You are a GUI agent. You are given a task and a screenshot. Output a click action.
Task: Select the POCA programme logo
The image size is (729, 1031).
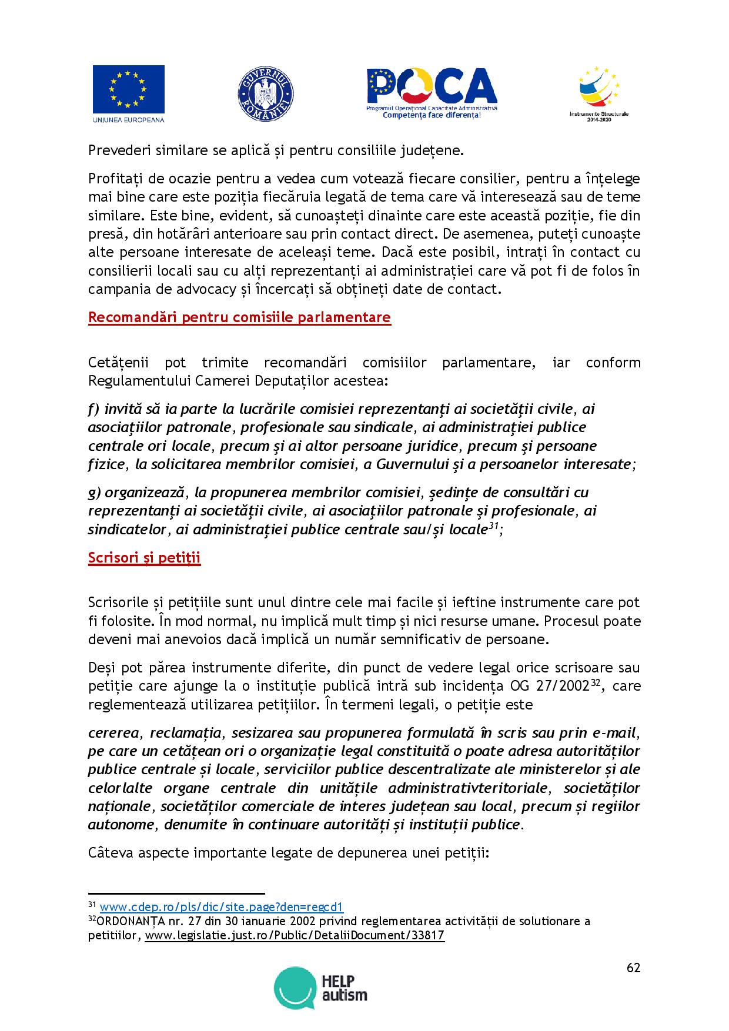(432, 93)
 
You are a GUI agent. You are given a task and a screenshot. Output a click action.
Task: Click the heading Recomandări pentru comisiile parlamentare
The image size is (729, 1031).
(239, 317)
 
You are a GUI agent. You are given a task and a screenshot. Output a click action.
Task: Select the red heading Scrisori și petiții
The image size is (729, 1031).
(145, 558)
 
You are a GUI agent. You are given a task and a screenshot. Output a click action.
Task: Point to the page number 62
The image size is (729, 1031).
(633, 968)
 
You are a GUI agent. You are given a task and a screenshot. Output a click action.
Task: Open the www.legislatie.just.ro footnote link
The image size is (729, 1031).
(295, 935)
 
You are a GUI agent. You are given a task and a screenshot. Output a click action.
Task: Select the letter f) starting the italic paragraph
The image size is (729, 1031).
(94, 409)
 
